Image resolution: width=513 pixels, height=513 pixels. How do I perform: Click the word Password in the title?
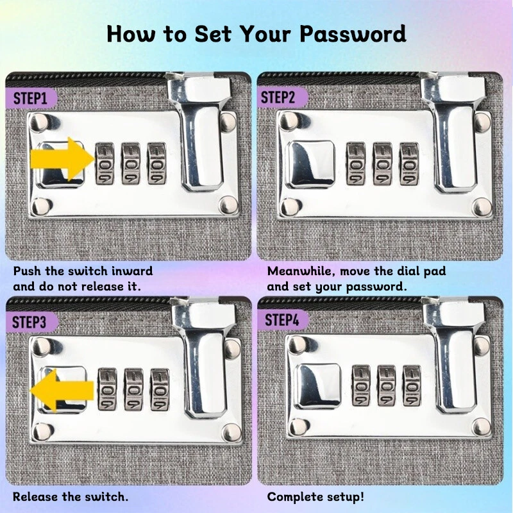pyautogui.click(x=353, y=34)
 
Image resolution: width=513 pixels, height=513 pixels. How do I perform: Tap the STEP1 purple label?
pyautogui.click(x=31, y=98)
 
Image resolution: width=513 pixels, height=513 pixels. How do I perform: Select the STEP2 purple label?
pyautogui.click(x=282, y=97)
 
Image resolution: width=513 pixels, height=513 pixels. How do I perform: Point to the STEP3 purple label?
pyautogui.click(x=31, y=323)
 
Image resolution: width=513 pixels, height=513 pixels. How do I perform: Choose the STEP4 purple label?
pyautogui.click(x=283, y=320)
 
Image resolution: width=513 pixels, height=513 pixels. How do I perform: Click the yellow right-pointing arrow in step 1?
pyautogui.click(x=62, y=159)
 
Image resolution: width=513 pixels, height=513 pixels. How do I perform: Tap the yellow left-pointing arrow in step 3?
pyautogui.click(x=62, y=391)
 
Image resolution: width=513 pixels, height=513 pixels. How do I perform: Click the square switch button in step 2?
pyautogui.click(x=310, y=165)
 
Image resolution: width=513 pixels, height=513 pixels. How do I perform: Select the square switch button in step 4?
pyautogui.click(x=318, y=386)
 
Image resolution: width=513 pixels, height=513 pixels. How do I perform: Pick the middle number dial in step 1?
pyautogui.click(x=131, y=163)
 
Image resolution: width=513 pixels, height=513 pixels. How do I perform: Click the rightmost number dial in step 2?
pyautogui.click(x=409, y=164)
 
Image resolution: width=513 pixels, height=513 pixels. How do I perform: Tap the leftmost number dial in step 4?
pyautogui.click(x=361, y=386)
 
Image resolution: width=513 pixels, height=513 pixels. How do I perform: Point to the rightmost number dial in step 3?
pyautogui.click(x=160, y=390)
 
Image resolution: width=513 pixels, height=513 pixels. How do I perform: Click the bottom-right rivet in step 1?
pyautogui.click(x=229, y=205)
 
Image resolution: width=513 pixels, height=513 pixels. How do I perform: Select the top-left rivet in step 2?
pyautogui.click(x=289, y=121)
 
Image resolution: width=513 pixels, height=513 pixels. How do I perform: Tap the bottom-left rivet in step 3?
pyautogui.click(x=42, y=432)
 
